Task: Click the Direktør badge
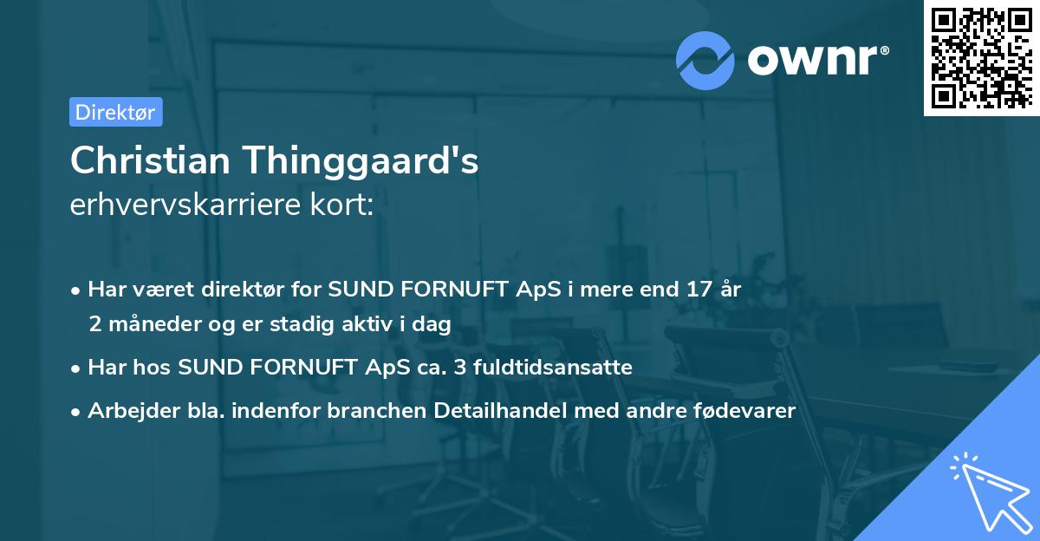click(x=115, y=112)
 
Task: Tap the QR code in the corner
click(x=981, y=57)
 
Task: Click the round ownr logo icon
click(x=705, y=60)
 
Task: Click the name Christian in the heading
click(x=148, y=161)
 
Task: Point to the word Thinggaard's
click(x=357, y=161)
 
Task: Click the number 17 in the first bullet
click(x=695, y=289)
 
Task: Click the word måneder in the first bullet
click(x=148, y=324)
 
